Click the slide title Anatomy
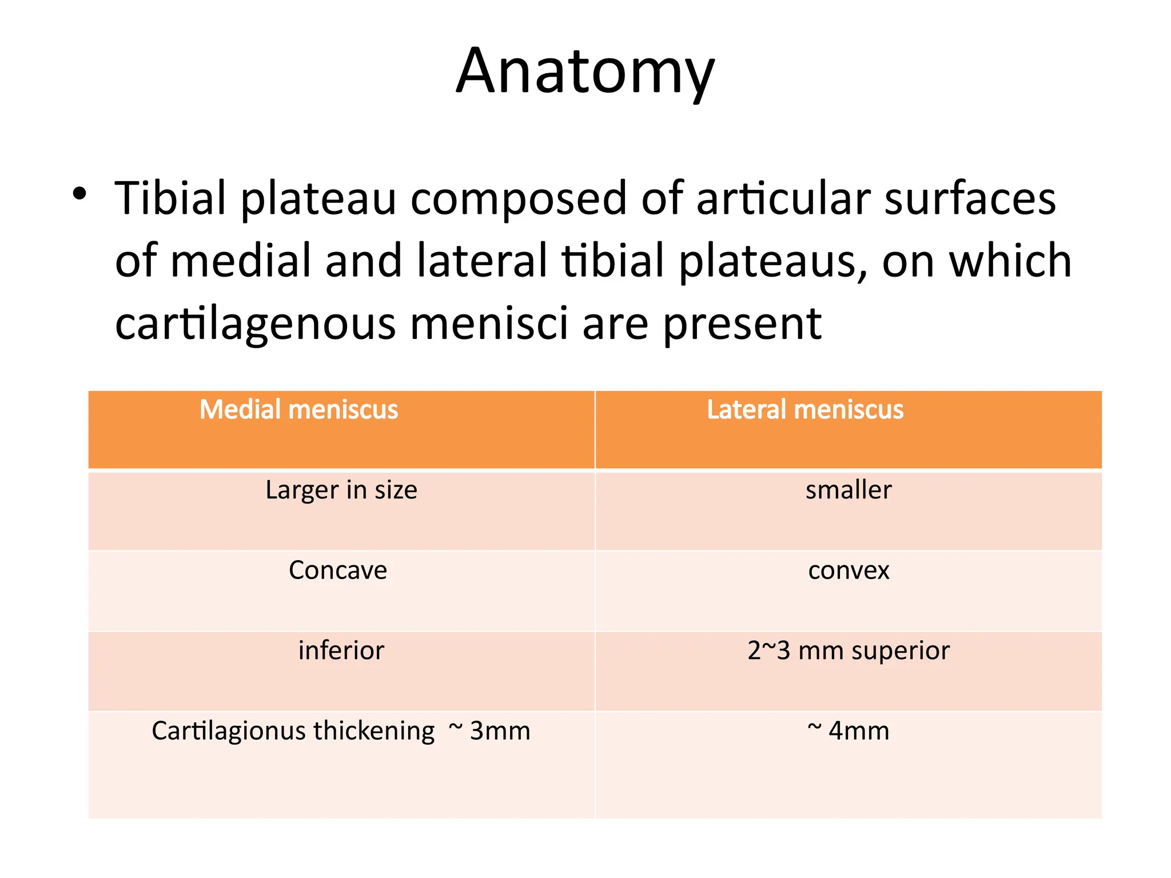(585, 72)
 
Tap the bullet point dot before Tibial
(79, 194)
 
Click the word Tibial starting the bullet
(170, 198)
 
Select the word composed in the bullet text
(518, 199)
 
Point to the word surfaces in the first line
(970, 198)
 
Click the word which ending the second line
(1010, 261)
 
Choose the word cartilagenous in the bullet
(255, 324)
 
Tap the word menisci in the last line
(489, 323)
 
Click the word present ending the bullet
(742, 324)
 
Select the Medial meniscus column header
(298, 410)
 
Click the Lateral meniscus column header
(805, 410)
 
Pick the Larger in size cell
(341, 490)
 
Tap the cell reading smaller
(849, 490)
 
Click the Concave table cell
(338, 570)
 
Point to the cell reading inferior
(341, 650)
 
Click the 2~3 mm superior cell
(849, 650)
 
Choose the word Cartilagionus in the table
(229, 731)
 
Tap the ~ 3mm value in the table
(489, 731)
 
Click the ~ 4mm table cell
(849, 731)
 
